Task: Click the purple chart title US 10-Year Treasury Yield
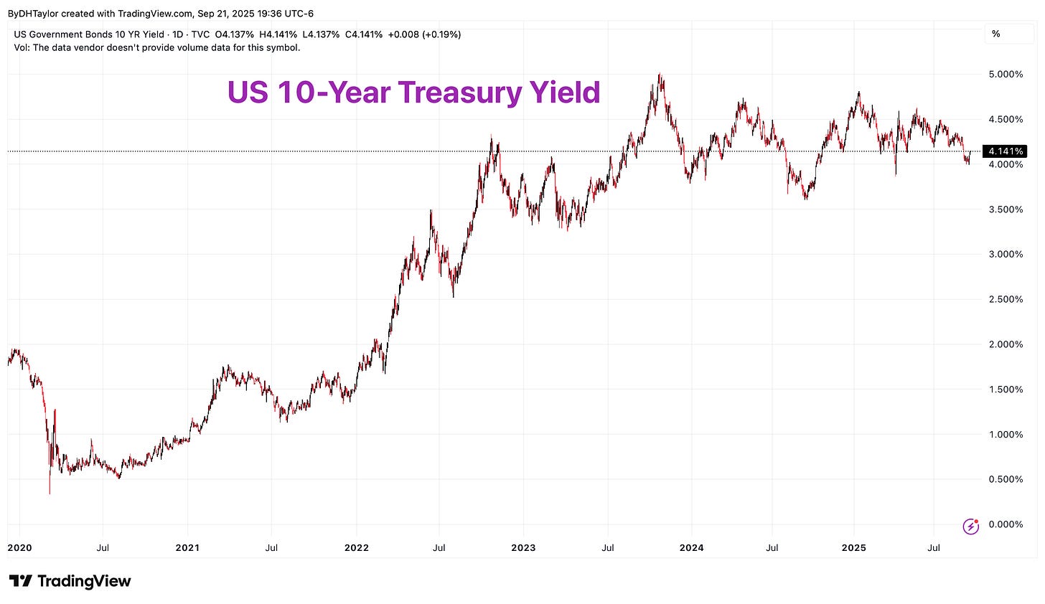[413, 93]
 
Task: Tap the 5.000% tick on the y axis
[1005, 75]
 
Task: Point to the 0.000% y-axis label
[1005, 524]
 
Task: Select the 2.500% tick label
[1005, 299]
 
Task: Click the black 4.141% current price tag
[1006, 151]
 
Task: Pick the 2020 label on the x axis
[19, 548]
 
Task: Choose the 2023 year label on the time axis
[523, 548]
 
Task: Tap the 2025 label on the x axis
[853, 548]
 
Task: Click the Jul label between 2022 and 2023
[439, 548]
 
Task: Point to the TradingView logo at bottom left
[70, 581]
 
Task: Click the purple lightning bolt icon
[970, 527]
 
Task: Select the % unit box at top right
[995, 34]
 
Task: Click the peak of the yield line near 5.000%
[660, 75]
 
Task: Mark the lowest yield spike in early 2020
[50, 493]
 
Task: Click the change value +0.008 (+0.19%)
[425, 34]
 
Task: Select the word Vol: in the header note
[23, 47]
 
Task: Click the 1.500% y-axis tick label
[1005, 390]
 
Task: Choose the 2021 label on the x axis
[187, 548]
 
